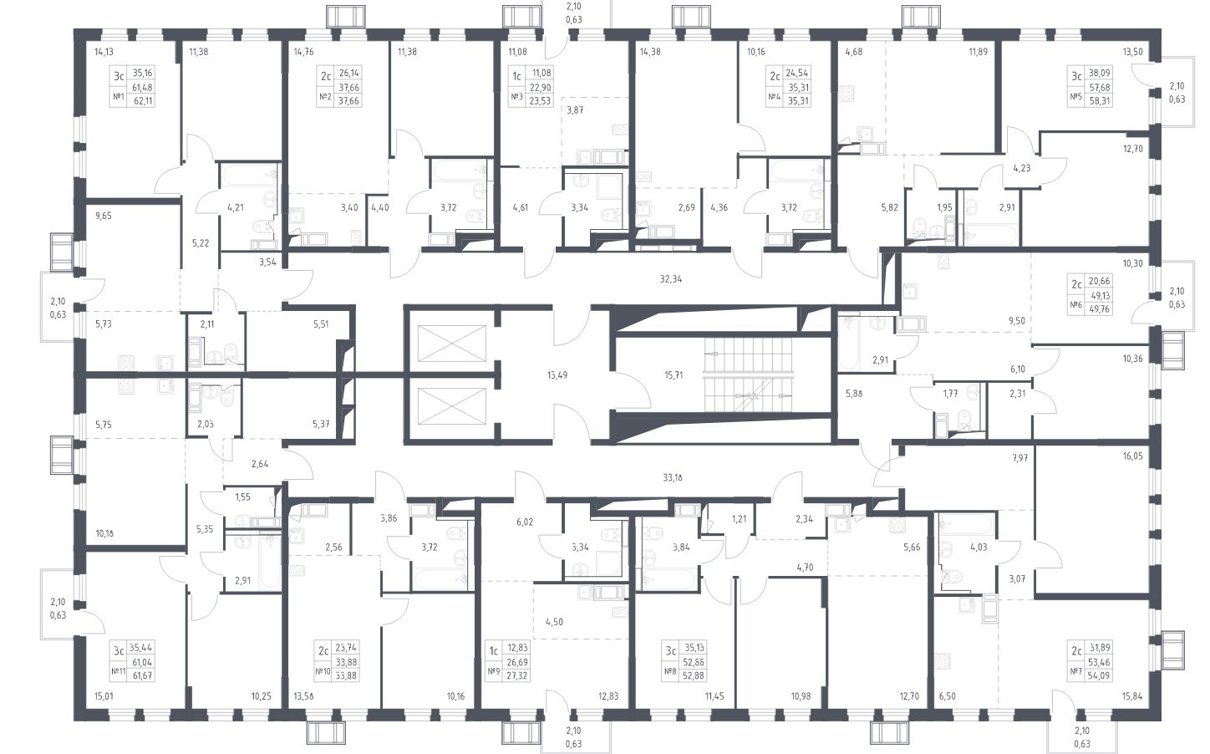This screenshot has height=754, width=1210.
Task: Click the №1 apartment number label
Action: pos(118,97)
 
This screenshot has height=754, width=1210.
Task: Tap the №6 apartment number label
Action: pos(1075,305)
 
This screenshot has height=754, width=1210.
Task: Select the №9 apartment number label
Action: pos(493,671)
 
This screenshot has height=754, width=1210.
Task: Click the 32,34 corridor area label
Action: pos(670,279)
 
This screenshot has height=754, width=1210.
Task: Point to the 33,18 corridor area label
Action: pos(673,478)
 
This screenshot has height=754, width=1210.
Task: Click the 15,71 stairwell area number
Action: pos(674,375)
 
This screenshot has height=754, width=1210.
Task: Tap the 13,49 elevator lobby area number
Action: pos(557,375)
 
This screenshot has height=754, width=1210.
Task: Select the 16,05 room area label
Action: pos(1133,456)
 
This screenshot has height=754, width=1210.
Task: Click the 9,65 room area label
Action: pos(103,216)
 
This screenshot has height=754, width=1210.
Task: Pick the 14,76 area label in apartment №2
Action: pos(303,53)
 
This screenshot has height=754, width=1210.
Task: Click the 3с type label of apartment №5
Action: pos(1076,77)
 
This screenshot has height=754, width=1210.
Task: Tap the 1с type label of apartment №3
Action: pos(516,77)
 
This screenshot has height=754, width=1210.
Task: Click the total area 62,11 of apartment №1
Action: pos(142,100)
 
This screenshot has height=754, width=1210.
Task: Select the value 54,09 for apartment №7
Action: pos(1100,675)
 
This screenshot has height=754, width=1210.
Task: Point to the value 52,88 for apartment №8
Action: pos(694,675)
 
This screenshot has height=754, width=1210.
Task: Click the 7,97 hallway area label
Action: pos(1019,458)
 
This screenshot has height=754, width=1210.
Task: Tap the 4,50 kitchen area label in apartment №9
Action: pos(554,622)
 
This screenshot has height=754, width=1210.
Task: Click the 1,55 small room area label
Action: pos(242,497)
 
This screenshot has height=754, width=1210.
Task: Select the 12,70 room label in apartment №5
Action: pos(1133,149)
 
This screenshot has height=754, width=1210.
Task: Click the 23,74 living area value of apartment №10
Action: pos(346,648)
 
